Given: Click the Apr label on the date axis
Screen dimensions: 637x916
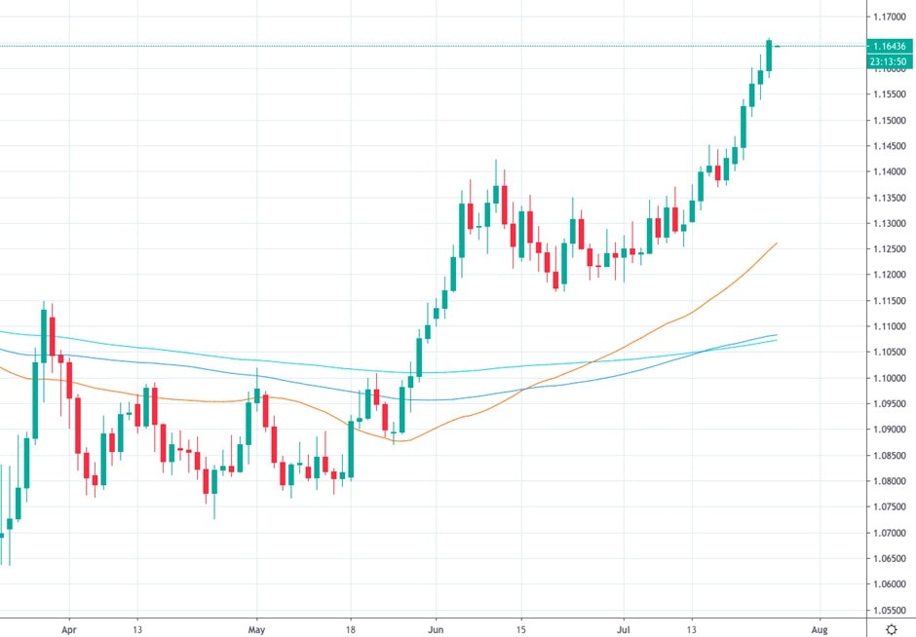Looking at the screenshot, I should [68, 629].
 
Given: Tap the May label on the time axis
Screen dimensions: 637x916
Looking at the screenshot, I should [256, 629].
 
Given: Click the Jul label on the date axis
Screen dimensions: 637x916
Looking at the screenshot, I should [624, 629].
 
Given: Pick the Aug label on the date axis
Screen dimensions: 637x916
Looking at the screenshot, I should [820, 629].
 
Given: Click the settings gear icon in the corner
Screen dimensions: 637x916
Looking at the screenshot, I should [891, 629].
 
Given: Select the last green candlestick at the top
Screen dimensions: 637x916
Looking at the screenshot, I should [769, 56].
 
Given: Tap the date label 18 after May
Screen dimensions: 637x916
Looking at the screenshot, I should [349, 629].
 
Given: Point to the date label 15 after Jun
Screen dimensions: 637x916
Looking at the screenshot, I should [521, 629].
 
